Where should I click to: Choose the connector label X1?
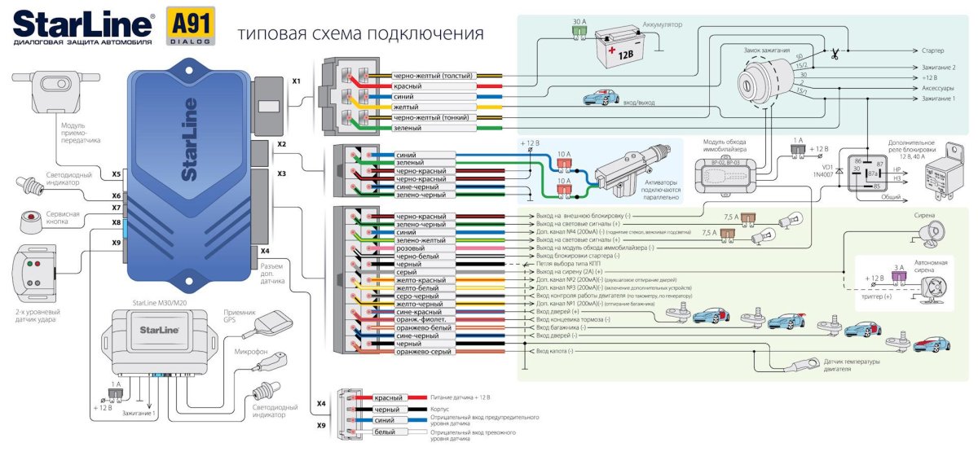click(x=297, y=81)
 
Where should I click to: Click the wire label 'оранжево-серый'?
click(x=424, y=351)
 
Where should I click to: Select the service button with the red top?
click(x=33, y=218)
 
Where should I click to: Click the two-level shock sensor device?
click(x=33, y=266)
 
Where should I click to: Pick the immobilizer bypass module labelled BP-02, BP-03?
click(x=727, y=175)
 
